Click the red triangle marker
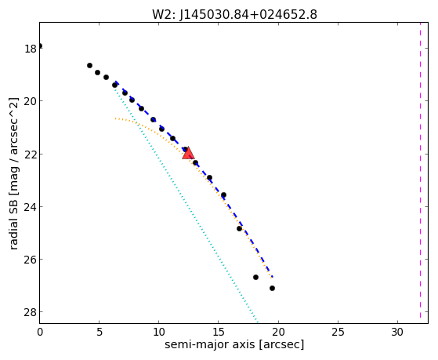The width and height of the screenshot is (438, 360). point(188,153)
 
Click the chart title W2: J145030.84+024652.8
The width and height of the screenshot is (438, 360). point(234,15)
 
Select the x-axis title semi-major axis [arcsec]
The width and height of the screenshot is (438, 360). point(234,344)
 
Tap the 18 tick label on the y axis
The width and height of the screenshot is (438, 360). point(31,49)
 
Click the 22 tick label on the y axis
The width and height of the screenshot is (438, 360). point(31,155)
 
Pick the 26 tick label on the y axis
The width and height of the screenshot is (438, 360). point(31,260)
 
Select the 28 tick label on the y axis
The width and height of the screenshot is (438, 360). point(31,312)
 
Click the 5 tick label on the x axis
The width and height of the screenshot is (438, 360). point(100,332)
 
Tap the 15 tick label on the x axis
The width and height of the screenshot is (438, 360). point(219,332)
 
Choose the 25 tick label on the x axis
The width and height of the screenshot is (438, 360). point(338,332)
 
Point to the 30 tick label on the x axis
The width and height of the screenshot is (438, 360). point(397,332)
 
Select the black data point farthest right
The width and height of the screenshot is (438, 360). point(272,288)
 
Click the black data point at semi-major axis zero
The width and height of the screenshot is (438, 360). point(40,45)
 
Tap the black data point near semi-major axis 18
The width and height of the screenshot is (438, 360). point(255,277)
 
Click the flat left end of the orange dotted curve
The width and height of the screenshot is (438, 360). point(116,118)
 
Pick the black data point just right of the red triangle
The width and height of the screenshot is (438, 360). point(195,163)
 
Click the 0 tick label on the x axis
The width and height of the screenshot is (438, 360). point(40,332)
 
